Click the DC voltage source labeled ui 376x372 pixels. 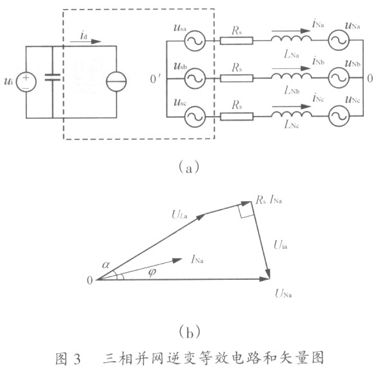pyautogui.click(x=26, y=82)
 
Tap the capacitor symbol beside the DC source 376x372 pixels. pyautogui.click(x=52, y=77)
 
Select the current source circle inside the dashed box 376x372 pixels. pyautogui.click(x=116, y=81)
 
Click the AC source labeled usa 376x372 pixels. pyautogui.click(x=195, y=41)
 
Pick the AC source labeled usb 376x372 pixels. pyautogui.click(x=195, y=78)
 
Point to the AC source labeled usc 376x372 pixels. pyautogui.click(x=195, y=117)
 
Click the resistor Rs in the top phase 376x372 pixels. pyautogui.click(x=237, y=41)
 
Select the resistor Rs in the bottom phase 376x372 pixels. pyautogui.click(x=237, y=117)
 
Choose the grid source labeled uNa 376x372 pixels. pyautogui.click(x=339, y=40)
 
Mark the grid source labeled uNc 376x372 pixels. pyautogui.click(x=339, y=116)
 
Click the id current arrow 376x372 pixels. pyautogui.click(x=86, y=41)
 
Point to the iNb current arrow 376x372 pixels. pyautogui.click(x=292, y=68)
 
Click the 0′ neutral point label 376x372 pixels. pyautogui.click(x=155, y=79)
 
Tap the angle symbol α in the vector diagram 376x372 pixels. pyautogui.click(x=106, y=264)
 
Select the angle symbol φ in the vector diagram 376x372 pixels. pyautogui.click(x=152, y=272)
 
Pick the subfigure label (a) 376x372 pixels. pyautogui.click(x=189, y=167)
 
